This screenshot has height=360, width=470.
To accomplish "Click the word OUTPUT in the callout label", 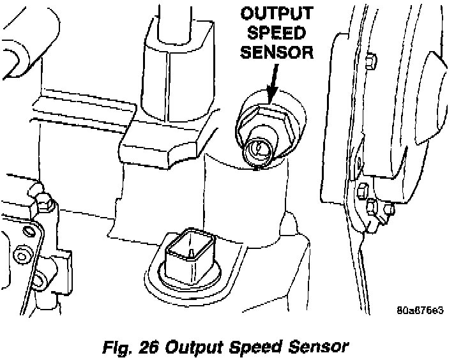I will (277, 14).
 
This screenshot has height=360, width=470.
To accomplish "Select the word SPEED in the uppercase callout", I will (277, 32).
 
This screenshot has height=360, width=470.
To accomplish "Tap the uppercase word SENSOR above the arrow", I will (277, 50).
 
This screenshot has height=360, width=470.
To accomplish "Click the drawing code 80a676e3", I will (419, 311).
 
